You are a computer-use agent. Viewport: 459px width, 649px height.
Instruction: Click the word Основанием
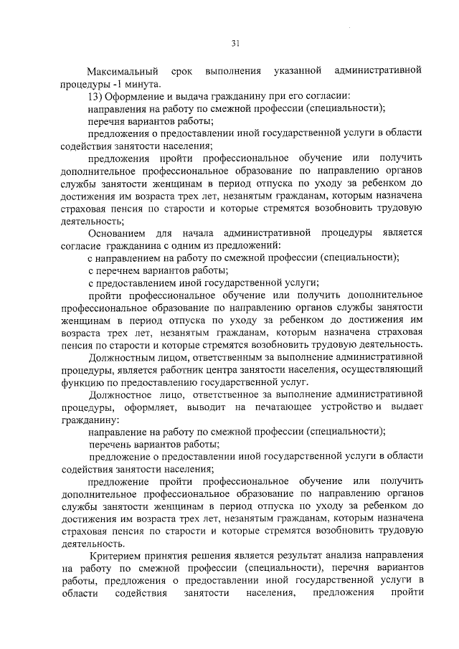119,232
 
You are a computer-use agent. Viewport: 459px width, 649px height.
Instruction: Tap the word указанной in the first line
296,72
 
